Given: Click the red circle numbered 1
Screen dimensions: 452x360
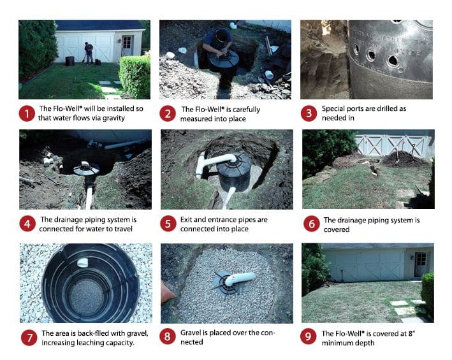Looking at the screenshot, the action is click(27, 113).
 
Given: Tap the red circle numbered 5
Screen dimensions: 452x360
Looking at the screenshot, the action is click(168, 224).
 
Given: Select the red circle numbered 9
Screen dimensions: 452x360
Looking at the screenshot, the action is click(308, 336).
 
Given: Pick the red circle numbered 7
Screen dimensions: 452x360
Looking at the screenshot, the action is click(29, 338).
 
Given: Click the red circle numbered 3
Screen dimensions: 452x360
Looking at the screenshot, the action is click(309, 113).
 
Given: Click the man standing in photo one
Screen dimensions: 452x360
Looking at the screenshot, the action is click(89, 53).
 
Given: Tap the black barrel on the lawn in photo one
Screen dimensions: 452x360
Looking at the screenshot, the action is click(69, 61).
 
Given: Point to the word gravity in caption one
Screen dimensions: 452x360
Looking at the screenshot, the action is click(113, 118).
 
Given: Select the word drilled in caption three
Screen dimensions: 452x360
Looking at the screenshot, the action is click(382, 108).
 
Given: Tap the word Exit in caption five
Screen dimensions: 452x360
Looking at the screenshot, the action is click(186, 219).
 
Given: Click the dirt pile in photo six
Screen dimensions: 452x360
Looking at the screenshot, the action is click(403, 159).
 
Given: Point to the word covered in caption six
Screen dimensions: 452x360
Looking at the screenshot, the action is click(337, 229).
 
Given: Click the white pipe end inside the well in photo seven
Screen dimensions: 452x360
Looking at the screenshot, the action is click(83, 263).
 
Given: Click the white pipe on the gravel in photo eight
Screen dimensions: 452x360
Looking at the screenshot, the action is click(240, 278).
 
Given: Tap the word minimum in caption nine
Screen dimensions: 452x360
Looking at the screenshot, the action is click(335, 343).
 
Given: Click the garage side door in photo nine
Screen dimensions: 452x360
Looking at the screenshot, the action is click(421, 264).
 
